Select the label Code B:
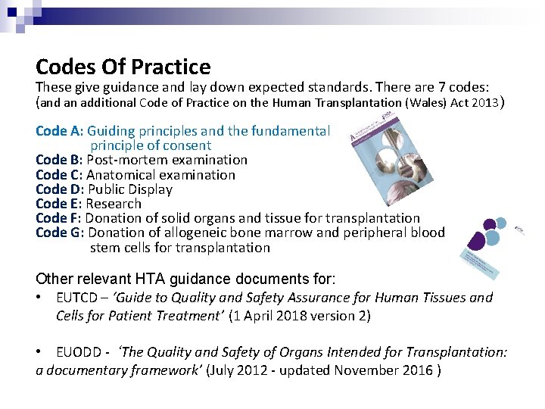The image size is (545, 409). [x=59, y=160]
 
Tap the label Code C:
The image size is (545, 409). [x=59, y=175]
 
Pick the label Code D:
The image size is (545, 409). [x=60, y=189]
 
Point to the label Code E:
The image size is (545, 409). [x=58, y=204]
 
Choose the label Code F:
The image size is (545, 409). [x=58, y=218]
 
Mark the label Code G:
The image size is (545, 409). [x=60, y=233]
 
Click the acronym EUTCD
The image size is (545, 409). [x=76, y=298]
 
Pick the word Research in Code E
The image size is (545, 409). [x=114, y=204]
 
